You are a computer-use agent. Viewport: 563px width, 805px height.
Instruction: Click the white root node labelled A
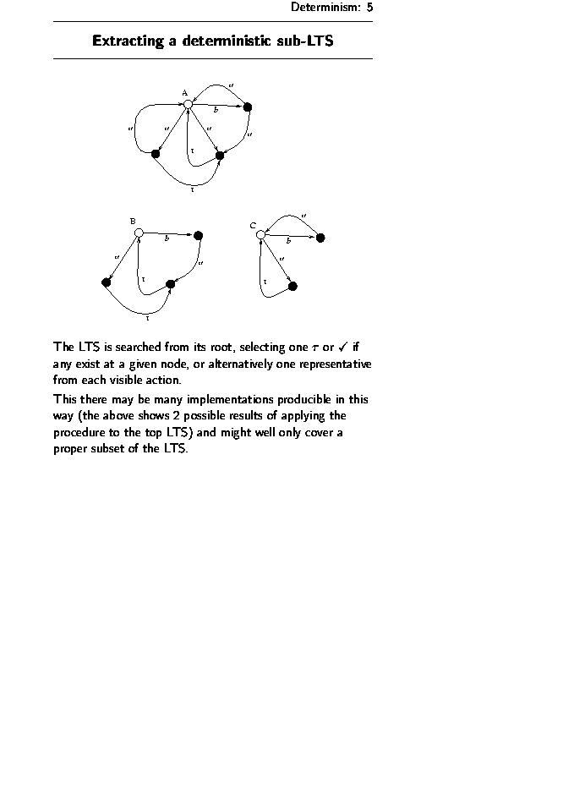click(x=188, y=103)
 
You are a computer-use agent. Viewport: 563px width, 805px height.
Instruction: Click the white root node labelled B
click(x=139, y=233)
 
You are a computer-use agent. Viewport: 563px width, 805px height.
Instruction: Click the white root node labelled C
click(x=260, y=234)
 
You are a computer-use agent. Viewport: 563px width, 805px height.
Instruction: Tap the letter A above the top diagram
click(x=184, y=92)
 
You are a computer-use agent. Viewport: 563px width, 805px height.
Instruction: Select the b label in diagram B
click(x=167, y=239)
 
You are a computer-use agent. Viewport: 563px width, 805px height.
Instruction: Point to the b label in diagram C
click(x=288, y=242)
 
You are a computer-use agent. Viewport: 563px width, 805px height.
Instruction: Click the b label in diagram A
click(x=216, y=110)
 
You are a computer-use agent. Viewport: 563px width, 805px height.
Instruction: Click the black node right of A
click(x=248, y=107)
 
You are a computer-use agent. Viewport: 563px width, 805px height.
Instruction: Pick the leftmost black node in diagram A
click(x=156, y=154)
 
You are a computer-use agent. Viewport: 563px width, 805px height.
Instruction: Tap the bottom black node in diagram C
click(x=292, y=287)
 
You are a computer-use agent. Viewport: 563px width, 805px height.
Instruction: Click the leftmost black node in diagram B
click(x=106, y=282)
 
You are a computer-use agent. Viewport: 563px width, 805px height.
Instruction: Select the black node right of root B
click(x=198, y=235)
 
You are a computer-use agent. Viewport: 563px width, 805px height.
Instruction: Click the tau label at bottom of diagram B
click(x=148, y=319)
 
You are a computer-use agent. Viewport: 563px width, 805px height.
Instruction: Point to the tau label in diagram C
click(x=265, y=281)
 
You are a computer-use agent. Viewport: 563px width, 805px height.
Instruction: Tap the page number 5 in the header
click(x=369, y=8)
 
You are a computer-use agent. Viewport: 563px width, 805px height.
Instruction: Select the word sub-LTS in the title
click(x=306, y=41)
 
